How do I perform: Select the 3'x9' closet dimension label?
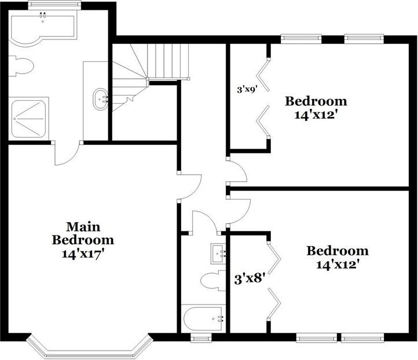click(x=247, y=89)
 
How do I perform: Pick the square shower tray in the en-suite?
click(x=30, y=118)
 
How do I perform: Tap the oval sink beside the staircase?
click(x=101, y=98)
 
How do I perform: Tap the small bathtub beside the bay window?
click(x=202, y=318)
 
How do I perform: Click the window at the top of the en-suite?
click(x=46, y=5)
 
